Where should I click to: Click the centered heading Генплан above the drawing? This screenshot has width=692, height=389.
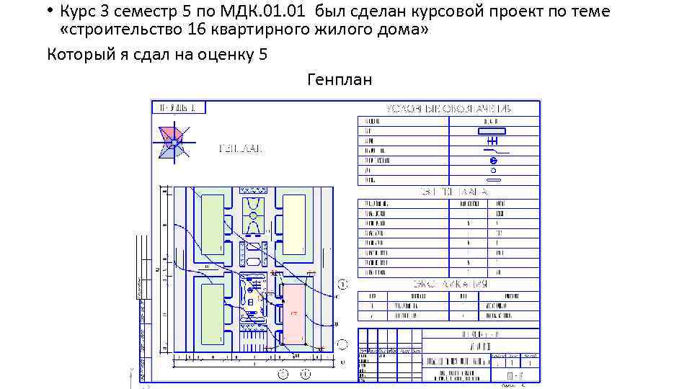[340, 79]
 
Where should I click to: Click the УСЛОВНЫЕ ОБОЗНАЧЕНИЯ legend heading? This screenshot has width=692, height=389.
[448, 108]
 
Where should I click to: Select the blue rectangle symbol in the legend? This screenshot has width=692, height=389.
[492, 130]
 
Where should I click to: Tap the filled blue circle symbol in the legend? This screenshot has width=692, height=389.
[493, 160]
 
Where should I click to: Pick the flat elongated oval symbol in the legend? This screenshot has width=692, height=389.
[493, 180]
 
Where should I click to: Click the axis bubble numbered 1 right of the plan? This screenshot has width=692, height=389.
[343, 285]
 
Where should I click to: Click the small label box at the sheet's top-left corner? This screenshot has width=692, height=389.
[178, 107]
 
